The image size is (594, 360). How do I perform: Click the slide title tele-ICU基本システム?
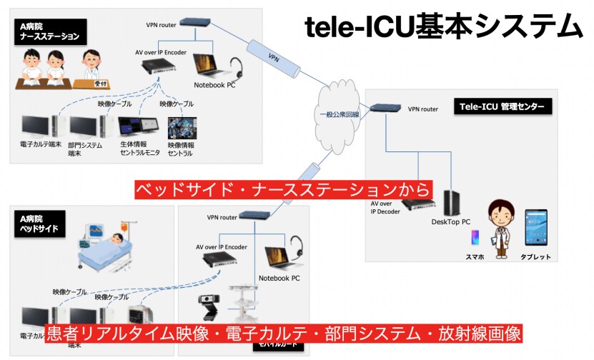(x=443, y=27)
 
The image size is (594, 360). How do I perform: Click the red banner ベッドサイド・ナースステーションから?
(x=283, y=189)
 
